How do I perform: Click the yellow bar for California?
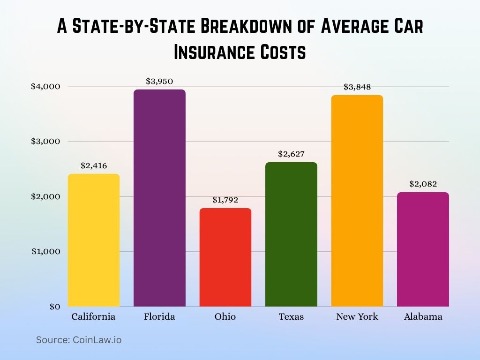tap(94, 240)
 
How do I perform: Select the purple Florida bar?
tap(159, 198)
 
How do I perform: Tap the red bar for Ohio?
tap(225, 257)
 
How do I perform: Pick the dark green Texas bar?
tap(291, 234)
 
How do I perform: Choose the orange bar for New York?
tap(357, 201)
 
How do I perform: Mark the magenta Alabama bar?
tap(423, 249)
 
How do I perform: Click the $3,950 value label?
tap(159, 81)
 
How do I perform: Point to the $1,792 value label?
tap(225, 200)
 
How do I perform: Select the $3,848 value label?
tap(357, 87)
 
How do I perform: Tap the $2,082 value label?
tap(423, 184)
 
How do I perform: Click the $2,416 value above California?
tap(94, 165)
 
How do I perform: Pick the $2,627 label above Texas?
tap(291, 154)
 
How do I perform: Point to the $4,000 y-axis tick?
tap(45, 86)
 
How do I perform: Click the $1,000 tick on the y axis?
tap(45, 251)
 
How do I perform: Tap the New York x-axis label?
tap(357, 317)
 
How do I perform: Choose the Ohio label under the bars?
tap(225, 317)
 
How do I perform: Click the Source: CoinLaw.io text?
tap(79, 340)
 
